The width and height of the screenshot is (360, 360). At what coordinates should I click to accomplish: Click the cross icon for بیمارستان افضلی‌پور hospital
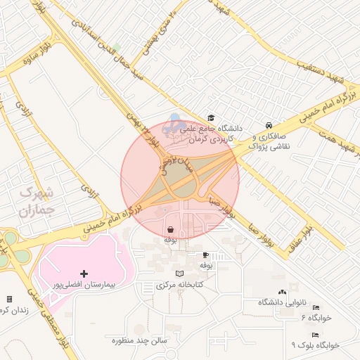tap(84, 273)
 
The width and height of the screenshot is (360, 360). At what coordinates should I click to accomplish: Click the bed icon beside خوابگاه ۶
tap(316, 308)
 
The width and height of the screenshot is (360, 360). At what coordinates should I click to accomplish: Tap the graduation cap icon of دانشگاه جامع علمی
tap(210, 118)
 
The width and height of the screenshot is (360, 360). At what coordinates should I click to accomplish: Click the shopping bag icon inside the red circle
tap(171, 229)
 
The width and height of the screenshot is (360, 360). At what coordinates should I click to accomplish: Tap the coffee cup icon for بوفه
tap(205, 255)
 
